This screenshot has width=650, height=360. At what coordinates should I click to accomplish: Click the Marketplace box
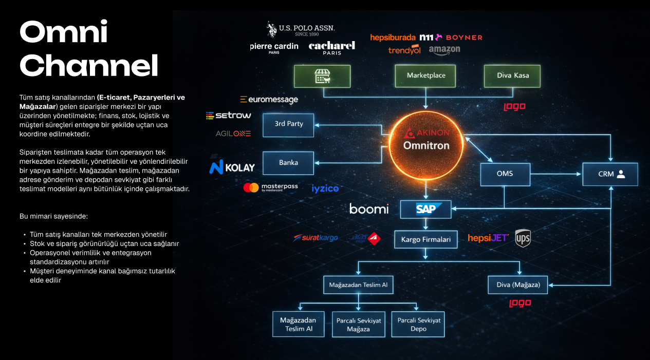pyautogui.click(x=426, y=75)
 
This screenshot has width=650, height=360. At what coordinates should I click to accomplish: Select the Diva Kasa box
pyautogui.click(x=512, y=75)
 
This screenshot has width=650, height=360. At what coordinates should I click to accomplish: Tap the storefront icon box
pyautogui.click(x=322, y=76)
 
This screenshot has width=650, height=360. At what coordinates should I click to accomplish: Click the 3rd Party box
pyautogui.click(x=288, y=124)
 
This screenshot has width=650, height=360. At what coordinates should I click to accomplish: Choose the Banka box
pyautogui.click(x=288, y=163)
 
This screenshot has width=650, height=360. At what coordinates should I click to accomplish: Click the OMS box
pyautogui.click(x=505, y=174)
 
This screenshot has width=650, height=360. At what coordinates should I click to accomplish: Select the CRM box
pyautogui.click(x=610, y=174)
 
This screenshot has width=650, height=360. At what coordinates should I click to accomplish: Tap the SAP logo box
pyautogui.click(x=426, y=209)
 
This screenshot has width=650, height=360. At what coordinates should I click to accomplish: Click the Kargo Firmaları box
pyautogui.click(x=426, y=239)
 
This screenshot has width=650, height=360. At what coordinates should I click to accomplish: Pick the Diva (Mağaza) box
pyautogui.click(x=518, y=285)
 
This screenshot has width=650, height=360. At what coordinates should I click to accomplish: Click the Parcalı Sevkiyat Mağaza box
pyautogui.click(x=358, y=324)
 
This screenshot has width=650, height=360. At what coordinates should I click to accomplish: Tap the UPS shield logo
pyautogui.click(x=523, y=238)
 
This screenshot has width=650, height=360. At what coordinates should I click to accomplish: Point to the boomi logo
pyautogui.click(x=369, y=209)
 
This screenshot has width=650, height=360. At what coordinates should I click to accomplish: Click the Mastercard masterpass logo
pyautogui.click(x=270, y=187)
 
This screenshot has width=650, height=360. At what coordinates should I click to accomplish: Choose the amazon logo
pyautogui.click(x=444, y=50)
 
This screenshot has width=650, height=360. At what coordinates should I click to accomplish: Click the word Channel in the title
pyautogui.click(x=88, y=66)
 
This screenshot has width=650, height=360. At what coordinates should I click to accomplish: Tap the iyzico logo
pyautogui.click(x=325, y=188)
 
